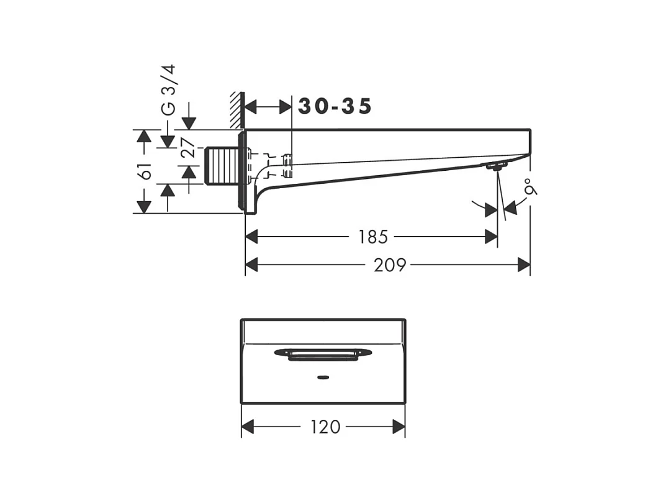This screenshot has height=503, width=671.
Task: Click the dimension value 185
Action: [373, 237]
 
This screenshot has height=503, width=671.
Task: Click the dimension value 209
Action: [390, 265]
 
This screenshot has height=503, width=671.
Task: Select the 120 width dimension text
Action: [325, 427]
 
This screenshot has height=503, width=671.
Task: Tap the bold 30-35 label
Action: [335, 106]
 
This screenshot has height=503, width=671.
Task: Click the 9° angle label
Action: [530, 187]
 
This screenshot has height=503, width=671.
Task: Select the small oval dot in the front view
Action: [323, 377]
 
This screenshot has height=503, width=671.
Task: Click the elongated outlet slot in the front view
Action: [323, 353]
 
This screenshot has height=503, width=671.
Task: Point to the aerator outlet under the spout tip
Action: [497, 166]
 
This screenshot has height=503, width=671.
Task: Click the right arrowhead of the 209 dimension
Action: [525, 265]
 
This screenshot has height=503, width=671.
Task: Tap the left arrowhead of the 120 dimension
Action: [248, 427]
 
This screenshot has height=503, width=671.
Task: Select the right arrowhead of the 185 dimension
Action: [492, 237]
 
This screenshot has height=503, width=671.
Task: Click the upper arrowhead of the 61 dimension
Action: [144, 136]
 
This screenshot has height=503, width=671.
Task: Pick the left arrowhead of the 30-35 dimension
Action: [251, 107]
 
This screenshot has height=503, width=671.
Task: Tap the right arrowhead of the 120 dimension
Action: [399, 427]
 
